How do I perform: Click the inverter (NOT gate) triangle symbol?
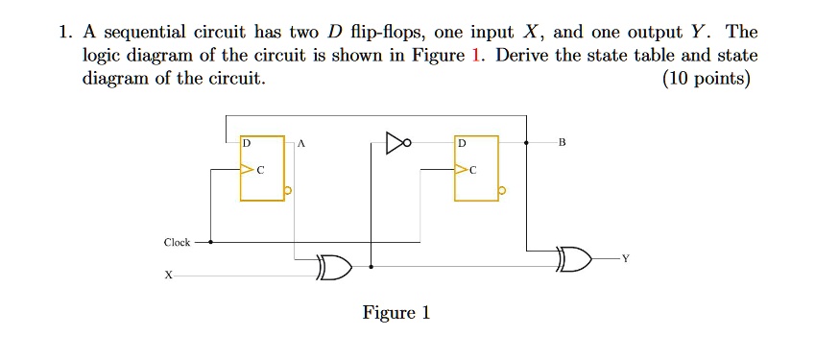click(x=396, y=143)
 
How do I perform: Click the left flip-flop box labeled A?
click(x=262, y=168)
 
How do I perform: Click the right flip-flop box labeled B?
click(x=477, y=168)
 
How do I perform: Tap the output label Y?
click(x=626, y=257)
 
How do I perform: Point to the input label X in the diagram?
click(x=168, y=275)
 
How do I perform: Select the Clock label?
click(x=177, y=242)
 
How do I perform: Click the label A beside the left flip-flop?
click(x=300, y=143)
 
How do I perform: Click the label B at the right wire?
click(x=563, y=143)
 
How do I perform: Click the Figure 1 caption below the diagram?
click(x=396, y=313)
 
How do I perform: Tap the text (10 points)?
click(x=707, y=79)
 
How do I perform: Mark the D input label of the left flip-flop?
click(x=247, y=143)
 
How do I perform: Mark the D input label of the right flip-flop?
click(x=462, y=143)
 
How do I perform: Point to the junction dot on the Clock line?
click(x=210, y=242)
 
